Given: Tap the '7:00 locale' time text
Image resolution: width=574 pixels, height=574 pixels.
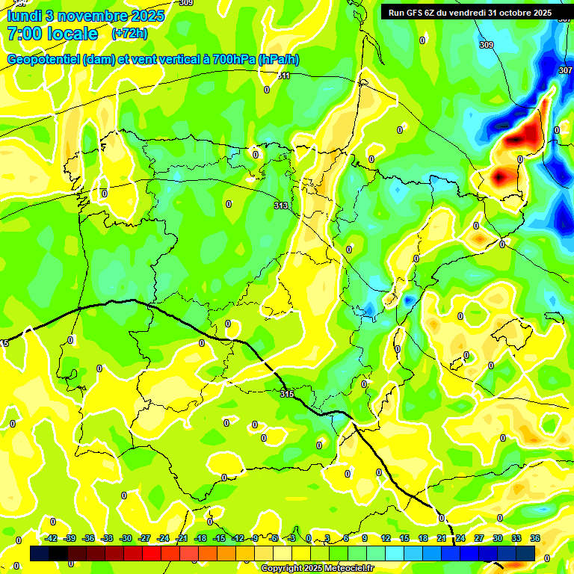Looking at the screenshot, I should [52, 34].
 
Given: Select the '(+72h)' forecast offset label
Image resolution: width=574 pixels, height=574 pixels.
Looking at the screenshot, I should [129, 34].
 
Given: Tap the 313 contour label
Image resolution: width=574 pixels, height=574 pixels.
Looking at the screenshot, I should [281, 206].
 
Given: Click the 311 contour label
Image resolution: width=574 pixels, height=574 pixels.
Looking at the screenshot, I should [284, 75].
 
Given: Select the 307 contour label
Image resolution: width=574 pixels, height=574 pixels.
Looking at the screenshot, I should [565, 70].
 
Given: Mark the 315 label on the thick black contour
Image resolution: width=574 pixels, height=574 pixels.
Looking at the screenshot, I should [287, 394].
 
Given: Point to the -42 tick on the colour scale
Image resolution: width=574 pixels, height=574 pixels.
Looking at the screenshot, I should [52, 539].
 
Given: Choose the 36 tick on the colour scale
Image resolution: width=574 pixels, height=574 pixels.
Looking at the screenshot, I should [535, 539].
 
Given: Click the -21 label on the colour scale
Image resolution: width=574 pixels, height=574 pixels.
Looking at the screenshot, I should [182, 539].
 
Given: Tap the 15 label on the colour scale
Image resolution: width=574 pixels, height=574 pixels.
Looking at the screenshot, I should [404, 539].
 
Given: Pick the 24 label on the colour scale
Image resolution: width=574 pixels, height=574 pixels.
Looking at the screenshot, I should [460, 539].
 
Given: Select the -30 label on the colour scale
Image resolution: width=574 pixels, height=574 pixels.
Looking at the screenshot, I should [126, 539].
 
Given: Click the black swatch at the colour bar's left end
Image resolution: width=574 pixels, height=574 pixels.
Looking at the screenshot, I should [40, 553].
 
